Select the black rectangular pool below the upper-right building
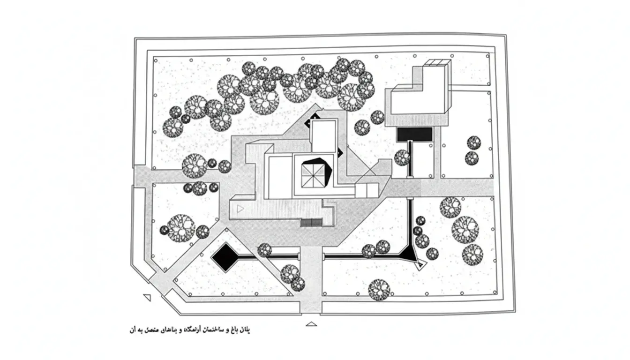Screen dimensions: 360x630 tap(414, 134)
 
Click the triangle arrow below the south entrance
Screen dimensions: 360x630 tap(311, 324)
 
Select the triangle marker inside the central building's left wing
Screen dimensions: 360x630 tap(240, 209)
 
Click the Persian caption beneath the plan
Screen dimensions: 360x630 tap(189, 330)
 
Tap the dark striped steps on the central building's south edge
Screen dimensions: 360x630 tap(312, 223)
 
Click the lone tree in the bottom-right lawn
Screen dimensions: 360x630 tap(379, 289)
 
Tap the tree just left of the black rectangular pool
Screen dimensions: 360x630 tap(402, 157)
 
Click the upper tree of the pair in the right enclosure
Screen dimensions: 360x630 tap(474, 142)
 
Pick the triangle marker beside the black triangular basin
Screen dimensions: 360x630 tap(420, 265)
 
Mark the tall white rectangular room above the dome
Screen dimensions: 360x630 tap(323, 136)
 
